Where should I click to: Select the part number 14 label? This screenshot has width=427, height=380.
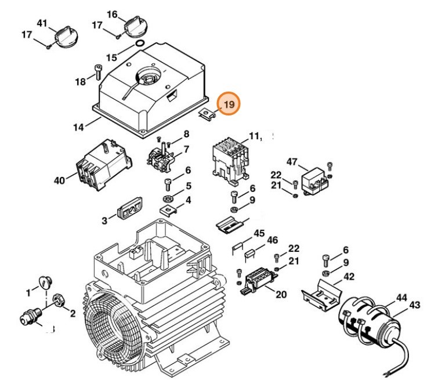79,125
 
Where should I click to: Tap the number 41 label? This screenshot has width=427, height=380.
41,23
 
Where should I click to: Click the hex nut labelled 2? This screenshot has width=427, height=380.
59,300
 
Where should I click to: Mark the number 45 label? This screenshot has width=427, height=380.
259,234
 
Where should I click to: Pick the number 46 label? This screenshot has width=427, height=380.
273,240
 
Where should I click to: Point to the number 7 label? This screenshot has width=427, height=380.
186,150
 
